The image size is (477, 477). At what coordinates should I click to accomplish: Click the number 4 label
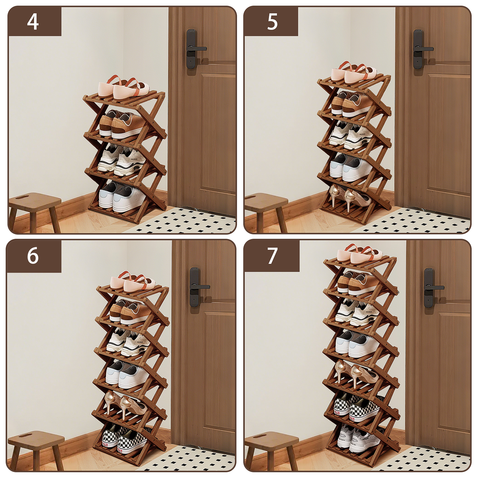[x=33, y=21]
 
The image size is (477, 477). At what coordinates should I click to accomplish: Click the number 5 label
[x=272, y=21]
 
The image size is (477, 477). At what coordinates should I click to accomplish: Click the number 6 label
[x=33, y=255]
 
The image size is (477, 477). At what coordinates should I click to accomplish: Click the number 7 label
[x=272, y=256]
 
